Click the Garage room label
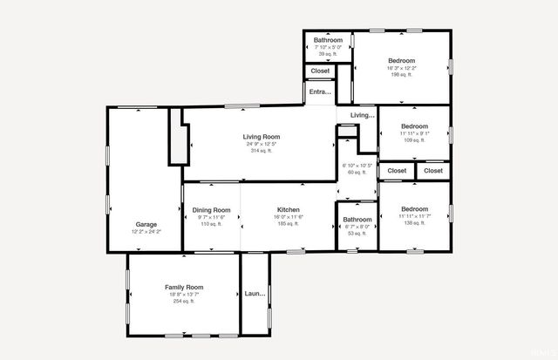point(146,224)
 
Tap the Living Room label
point(261,137)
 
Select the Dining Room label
point(211,210)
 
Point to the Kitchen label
point(289,210)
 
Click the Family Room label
point(183,287)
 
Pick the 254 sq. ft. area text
point(183,301)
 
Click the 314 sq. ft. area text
point(261,151)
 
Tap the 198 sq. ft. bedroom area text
point(401,74)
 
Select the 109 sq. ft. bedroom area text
point(414,139)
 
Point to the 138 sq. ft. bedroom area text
point(414,223)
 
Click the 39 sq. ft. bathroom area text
point(328,54)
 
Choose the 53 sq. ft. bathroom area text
point(357,233)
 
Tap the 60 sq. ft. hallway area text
point(357,172)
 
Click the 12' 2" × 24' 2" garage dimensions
point(146,232)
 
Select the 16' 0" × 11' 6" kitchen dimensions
point(289,217)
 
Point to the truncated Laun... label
point(255,294)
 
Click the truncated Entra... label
point(320,92)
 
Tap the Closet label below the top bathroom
point(320,71)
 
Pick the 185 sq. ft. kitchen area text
point(289,224)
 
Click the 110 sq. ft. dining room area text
point(211,224)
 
